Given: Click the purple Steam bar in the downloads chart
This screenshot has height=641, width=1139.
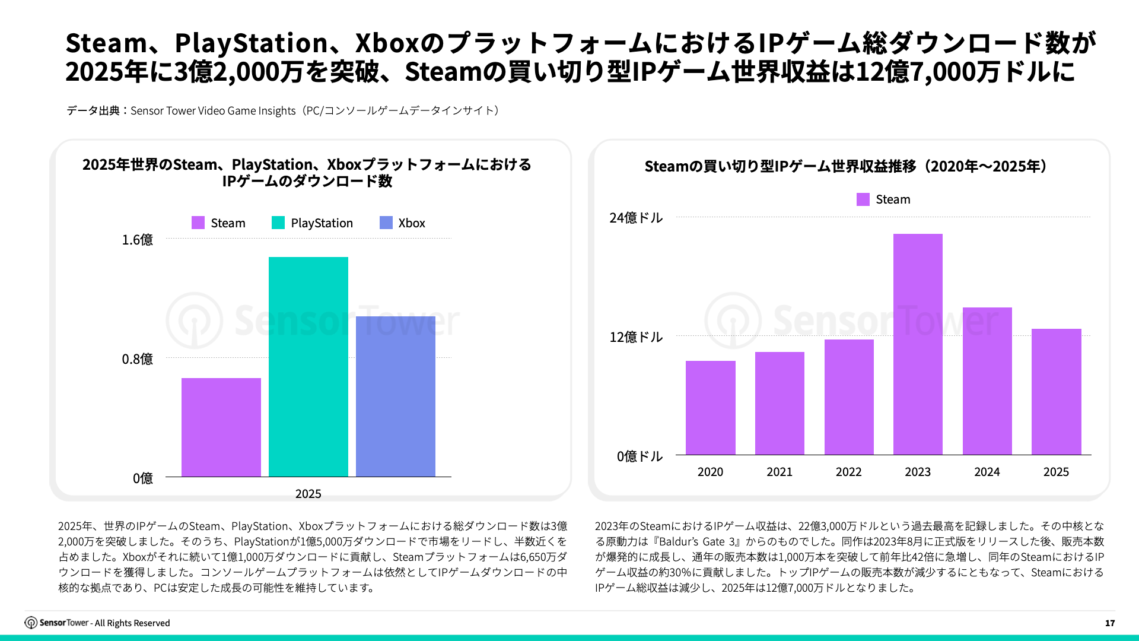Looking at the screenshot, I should click(x=221, y=427).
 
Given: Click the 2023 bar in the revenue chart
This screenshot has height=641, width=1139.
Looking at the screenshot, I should click(x=918, y=344).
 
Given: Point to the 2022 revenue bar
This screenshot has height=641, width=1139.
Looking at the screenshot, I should click(x=849, y=397).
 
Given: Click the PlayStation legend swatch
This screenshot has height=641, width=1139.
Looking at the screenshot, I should click(x=278, y=223).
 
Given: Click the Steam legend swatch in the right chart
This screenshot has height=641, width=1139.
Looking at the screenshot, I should click(x=863, y=199).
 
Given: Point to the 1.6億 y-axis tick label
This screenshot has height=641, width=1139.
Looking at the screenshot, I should click(x=137, y=240).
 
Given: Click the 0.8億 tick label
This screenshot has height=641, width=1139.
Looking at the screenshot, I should click(x=137, y=359).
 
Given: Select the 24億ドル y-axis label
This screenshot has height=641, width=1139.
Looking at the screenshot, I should click(x=636, y=218).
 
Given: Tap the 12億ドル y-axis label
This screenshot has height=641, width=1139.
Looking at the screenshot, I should click(x=636, y=337).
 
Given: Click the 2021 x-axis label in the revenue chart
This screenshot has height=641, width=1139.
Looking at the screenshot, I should click(x=780, y=472).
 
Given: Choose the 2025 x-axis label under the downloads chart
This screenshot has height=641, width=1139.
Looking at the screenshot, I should click(x=308, y=494).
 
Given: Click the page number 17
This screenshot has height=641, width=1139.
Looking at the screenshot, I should click(x=1110, y=623).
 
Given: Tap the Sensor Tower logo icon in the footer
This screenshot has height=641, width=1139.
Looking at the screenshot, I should click(x=31, y=623).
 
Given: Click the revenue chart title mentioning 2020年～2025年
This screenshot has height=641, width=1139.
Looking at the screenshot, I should click(x=848, y=166).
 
